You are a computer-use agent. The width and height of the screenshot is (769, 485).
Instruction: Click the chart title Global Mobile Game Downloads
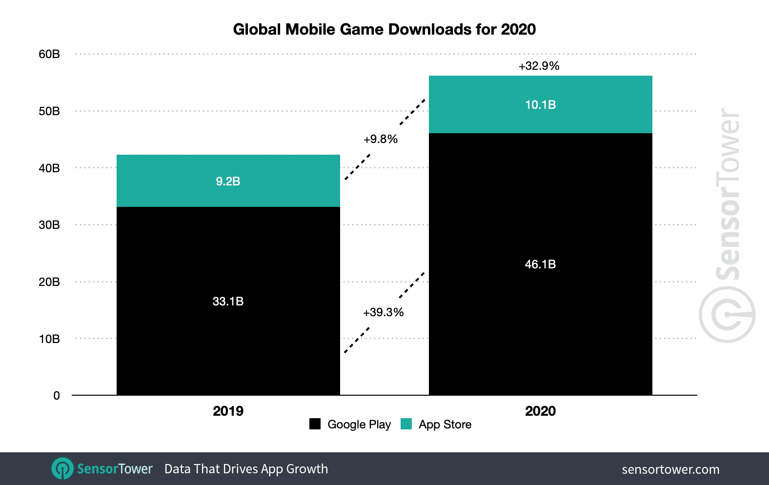pos(384,29)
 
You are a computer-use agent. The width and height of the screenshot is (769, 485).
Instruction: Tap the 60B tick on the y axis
pos(49,54)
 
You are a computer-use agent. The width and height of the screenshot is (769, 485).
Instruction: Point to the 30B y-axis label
pos(49,225)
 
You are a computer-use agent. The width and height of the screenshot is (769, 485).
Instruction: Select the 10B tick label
pos(49,339)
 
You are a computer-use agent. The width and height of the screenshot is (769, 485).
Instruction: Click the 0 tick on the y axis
pos(57,396)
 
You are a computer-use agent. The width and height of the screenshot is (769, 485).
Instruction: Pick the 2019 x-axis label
pos(228,411)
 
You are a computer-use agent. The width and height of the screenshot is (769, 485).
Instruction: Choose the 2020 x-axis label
pos(540,411)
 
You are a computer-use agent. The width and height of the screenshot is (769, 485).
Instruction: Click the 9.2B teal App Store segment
pos(228,181)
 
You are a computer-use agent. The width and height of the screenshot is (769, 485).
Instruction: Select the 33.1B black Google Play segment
pos(228,301)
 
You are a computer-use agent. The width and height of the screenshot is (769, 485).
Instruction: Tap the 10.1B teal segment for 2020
pos(540,104)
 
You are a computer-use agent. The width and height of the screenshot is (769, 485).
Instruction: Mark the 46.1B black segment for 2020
pos(540,264)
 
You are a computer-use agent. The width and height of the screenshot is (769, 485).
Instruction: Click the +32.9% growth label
pos(539,66)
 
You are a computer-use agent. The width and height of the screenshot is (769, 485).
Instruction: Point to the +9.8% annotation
pos(381,139)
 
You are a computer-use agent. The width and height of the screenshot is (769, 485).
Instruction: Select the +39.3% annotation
pos(383,312)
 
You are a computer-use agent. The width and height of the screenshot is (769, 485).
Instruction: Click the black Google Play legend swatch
pos(315,424)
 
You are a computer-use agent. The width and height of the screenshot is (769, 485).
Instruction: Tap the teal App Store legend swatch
pos(406,424)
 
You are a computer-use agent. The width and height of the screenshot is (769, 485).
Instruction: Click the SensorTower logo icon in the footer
pos(62,469)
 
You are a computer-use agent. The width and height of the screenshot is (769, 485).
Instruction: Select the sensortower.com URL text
pos(670,469)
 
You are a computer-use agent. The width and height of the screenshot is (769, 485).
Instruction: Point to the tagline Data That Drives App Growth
pos(246,469)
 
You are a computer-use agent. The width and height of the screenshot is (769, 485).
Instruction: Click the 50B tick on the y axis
pos(49,111)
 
